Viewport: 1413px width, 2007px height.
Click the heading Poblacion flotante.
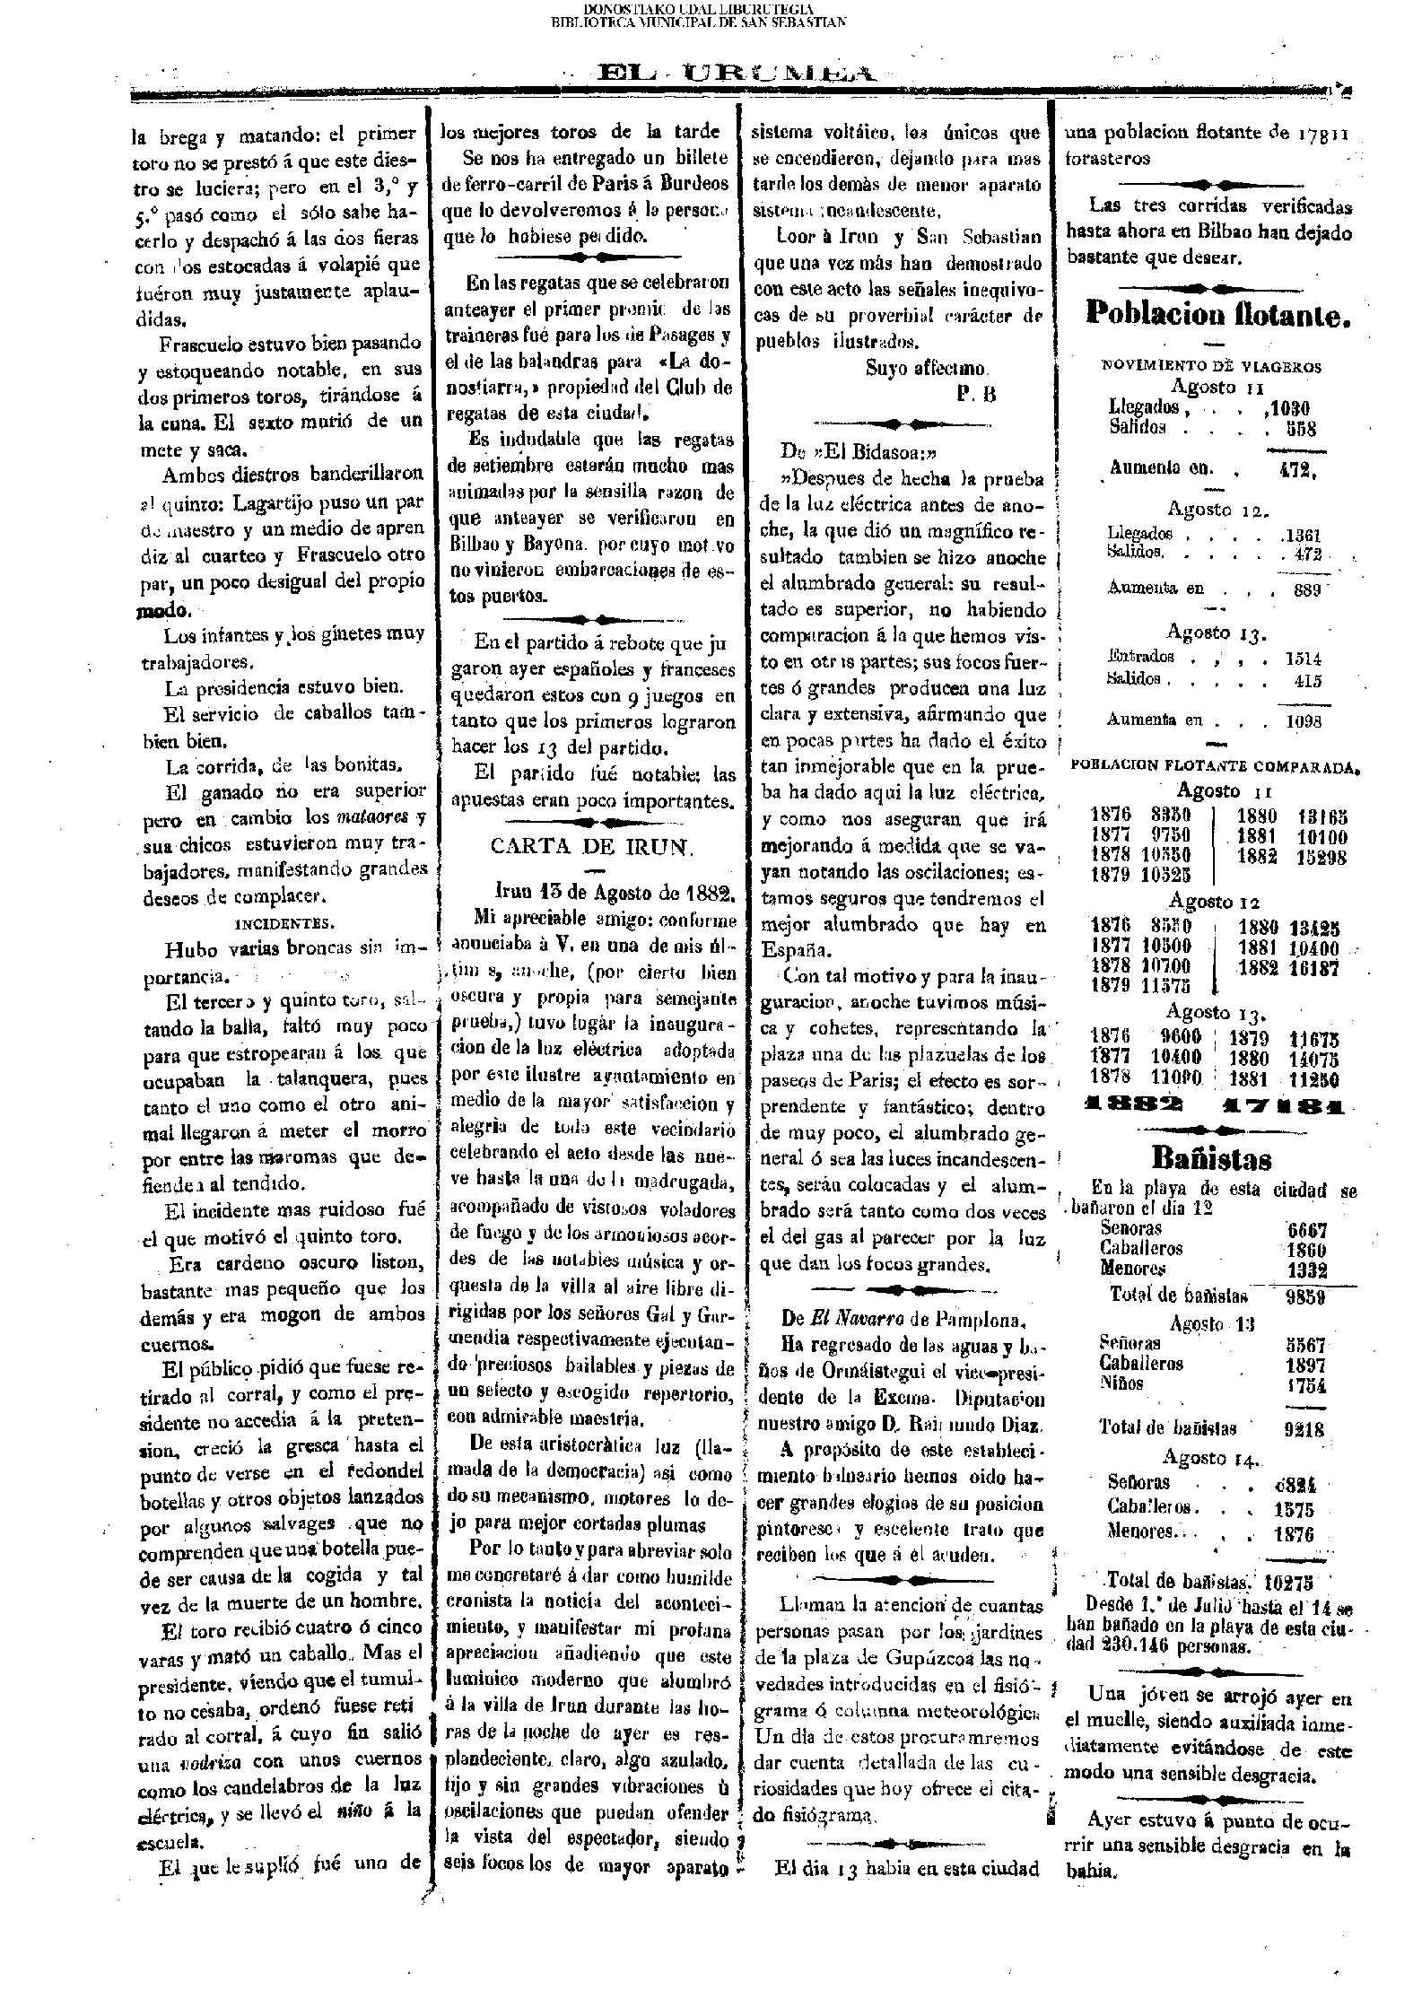point(1217,313)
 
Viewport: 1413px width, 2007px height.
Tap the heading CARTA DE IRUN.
point(591,848)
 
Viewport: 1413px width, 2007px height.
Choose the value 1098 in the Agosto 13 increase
point(1303,720)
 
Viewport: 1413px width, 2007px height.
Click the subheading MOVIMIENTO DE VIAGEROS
point(1211,366)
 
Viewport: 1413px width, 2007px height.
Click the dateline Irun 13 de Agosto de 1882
point(615,894)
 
